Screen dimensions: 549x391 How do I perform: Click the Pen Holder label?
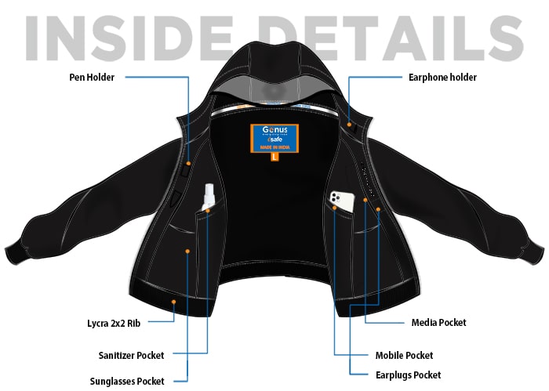click(x=92, y=77)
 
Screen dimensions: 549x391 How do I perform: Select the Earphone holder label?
click(x=442, y=77)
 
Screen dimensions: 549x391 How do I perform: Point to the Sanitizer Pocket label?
click(x=132, y=355)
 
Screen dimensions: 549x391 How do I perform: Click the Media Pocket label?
click(x=438, y=322)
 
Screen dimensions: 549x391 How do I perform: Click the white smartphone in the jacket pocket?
click(x=340, y=202)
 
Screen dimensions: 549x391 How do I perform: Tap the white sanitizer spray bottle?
click(x=208, y=196)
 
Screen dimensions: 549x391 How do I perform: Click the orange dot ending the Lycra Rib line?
click(x=173, y=301)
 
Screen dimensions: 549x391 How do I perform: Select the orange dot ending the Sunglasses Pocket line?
click(x=189, y=251)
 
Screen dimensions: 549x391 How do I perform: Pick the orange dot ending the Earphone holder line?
click(x=348, y=121)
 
